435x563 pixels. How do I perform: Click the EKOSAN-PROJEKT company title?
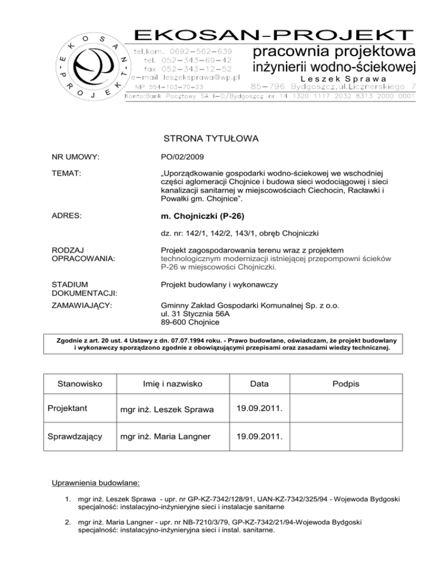tap(272, 32)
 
